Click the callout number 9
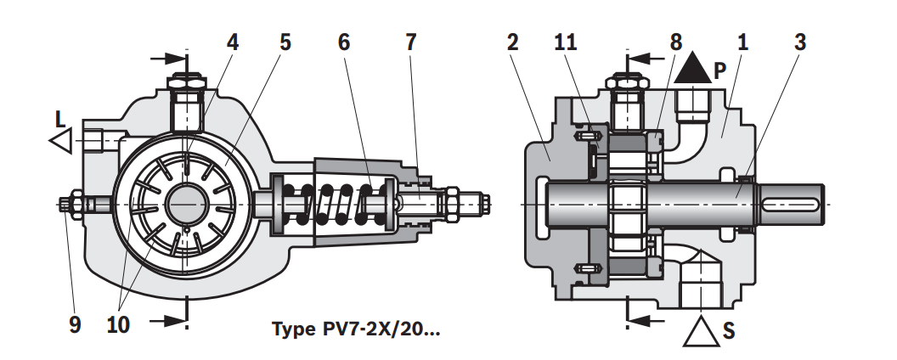point(75,324)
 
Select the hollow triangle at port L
point(60,140)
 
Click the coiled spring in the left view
point(336,205)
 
